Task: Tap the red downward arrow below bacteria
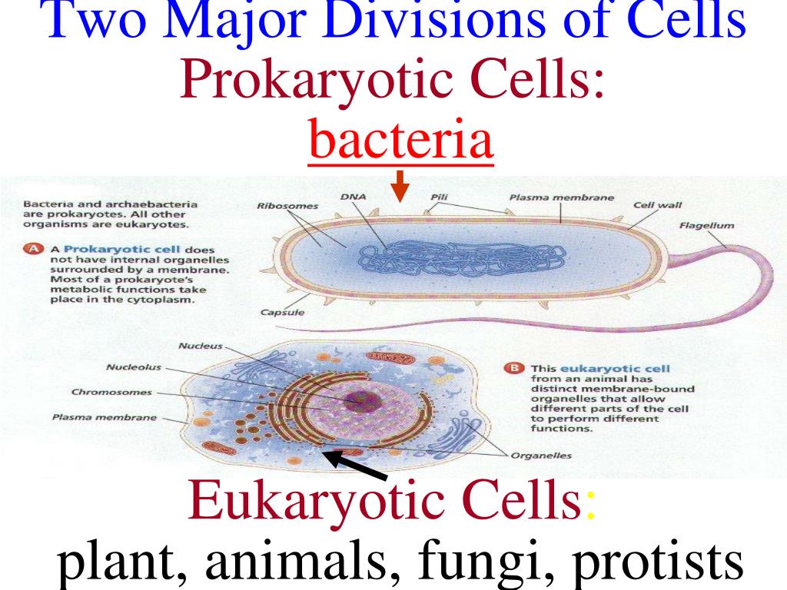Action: click(399, 185)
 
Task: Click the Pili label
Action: click(440, 197)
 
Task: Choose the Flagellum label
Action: click(706, 226)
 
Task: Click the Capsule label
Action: click(282, 313)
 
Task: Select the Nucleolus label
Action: click(134, 367)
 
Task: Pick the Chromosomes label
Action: click(111, 392)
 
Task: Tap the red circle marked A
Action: click(33, 250)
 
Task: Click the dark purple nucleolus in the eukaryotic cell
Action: click(358, 398)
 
